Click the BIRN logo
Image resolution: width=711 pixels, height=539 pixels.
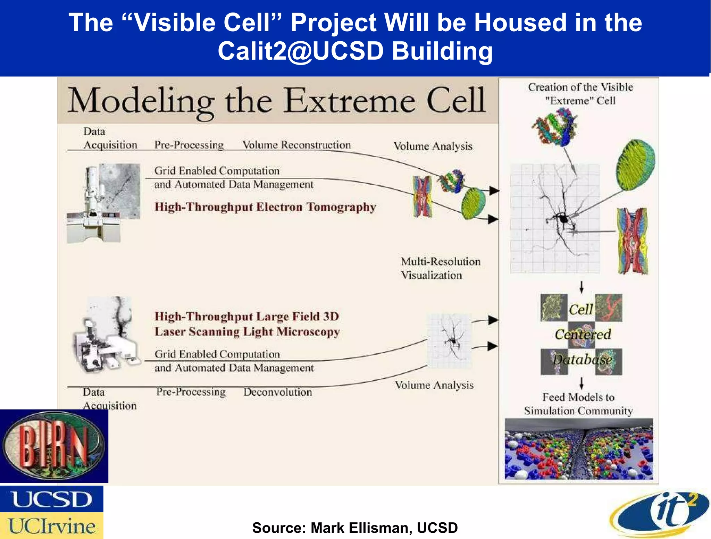click(54, 446)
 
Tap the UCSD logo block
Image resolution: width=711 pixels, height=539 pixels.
click(51, 499)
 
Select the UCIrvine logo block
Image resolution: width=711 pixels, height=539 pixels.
click(51, 526)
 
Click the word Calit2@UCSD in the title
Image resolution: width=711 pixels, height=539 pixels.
click(301, 51)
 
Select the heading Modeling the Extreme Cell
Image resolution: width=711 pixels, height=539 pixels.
click(276, 101)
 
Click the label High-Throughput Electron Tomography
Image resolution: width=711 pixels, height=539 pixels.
click(265, 207)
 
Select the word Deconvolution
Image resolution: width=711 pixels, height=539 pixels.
click(277, 392)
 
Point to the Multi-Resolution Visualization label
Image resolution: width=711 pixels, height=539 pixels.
click(440, 268)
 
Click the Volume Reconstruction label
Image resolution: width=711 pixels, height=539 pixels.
click(296, 145)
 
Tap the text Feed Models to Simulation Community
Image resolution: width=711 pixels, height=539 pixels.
click(578, 404)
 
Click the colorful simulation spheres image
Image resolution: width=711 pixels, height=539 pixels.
click(578, 449)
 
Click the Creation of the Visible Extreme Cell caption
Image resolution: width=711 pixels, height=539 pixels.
click(580, 94)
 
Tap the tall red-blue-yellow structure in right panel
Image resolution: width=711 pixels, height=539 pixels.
click(632, 241)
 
